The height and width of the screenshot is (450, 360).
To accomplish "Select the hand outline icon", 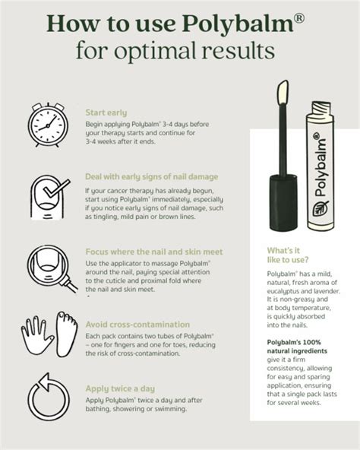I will pyautogui.click(x=36, y=335).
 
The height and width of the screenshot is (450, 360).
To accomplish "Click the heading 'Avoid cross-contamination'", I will pyautogui.click(x=135, y=322).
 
